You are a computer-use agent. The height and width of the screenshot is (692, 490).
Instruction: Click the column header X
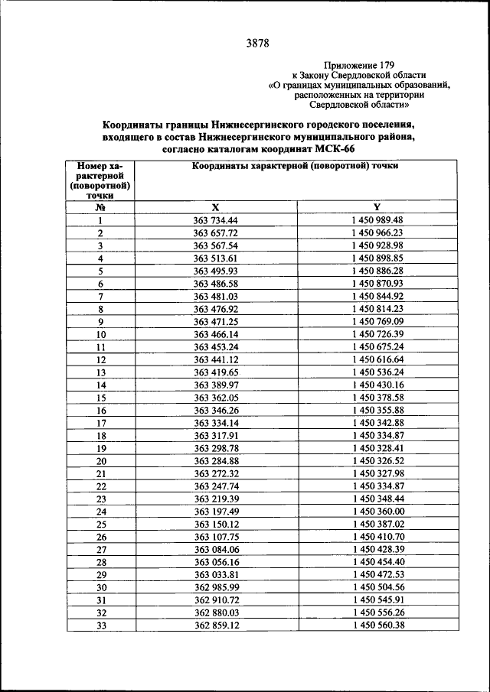[x=216, y=206]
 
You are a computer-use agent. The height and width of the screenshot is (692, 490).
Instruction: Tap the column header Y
[x=377, y=206]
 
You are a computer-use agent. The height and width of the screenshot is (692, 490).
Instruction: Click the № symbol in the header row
[x=100, y=206]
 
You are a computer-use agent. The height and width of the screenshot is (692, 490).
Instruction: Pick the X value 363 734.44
[x=216, y=220]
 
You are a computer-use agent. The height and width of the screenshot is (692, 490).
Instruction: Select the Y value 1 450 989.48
[x=377, y=220]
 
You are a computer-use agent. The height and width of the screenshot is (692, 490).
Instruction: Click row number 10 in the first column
[x=100, y=334]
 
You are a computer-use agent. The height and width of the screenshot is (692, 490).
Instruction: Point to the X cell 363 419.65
[x=216, y=372]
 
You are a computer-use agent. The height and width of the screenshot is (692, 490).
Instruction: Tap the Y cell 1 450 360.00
[x=377, y=512]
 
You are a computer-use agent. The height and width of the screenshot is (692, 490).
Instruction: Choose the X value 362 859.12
[x=216, y=625]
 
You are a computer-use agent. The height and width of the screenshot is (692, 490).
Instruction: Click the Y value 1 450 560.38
[x=377, y=625]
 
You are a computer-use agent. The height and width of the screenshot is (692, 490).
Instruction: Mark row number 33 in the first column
[x=100, y=625]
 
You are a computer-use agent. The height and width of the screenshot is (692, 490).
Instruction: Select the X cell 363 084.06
[x=216, y=549]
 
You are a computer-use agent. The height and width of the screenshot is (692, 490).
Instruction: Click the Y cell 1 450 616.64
[x=377, y=359]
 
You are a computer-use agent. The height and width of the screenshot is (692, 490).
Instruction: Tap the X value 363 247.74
[x=216, y=486]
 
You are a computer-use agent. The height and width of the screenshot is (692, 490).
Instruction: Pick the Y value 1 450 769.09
[x=377, y=322]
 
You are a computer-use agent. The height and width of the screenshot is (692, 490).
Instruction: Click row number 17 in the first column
[x=100, y=423]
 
